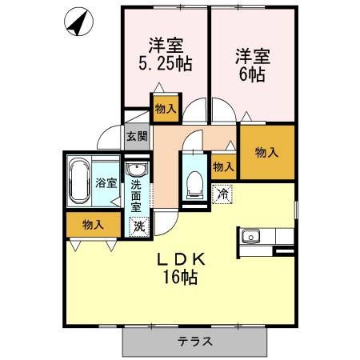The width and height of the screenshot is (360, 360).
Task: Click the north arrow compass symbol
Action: click(x=78, y=22)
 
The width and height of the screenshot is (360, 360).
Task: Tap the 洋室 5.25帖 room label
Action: click(x=166, y=54)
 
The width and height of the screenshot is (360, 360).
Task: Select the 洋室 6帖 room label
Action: click(x=252, y=65)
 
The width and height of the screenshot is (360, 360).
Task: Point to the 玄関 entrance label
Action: click(x=137, y=136)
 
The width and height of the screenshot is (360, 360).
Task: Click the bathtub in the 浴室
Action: click(x=79, y=181)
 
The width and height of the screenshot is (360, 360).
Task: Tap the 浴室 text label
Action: click(x=106, y=183)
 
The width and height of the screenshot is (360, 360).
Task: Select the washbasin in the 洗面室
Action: click(x=137, y=170)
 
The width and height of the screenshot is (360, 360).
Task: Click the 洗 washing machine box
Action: click(x=138, y=226)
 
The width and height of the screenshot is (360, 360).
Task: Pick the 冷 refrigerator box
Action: click(x=222, y=194)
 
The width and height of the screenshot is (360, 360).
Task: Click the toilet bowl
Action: click(x=194, y=185)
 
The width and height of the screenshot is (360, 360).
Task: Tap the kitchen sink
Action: click(x=250, y=236)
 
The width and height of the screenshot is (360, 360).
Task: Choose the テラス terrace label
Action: click(x=194, y=342)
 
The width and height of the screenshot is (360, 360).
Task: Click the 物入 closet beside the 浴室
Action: click(x=93, y=225)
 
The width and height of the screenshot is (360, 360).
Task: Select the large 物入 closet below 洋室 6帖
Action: click(x=267, y=152)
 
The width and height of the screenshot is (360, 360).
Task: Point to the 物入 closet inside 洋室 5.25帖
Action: click(x=166, y=109)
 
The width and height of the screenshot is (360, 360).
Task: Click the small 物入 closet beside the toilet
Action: click(x=223, y=166)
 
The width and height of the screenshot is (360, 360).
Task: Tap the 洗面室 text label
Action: click(x=136, y=196)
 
